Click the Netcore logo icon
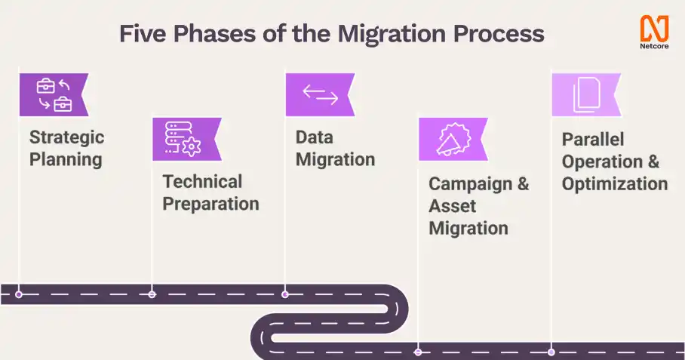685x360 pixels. (x=654, y=28)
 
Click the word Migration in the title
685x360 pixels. (x=392, y=34)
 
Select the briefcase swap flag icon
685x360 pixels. (x=54, y=94)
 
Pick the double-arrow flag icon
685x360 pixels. (x=320, y=94)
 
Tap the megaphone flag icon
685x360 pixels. (x=453, y=139)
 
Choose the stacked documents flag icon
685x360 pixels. (x=587, y=94)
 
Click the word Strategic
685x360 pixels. (x=67, y=138)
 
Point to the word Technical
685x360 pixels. (x=202, y=181)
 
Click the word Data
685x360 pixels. (x=315, y=137)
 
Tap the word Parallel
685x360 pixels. (x=593, y=140)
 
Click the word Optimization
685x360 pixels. (x=615, y=184)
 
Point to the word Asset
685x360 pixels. (x=452, y=206)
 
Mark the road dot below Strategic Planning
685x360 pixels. (x=19, y=294)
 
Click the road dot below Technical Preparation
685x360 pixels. (x=152, y=294)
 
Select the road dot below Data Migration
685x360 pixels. (x=285, y=294)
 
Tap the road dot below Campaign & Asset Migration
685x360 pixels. (x=418, y=352)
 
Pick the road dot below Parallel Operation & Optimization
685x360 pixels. (x=551, y=352)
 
